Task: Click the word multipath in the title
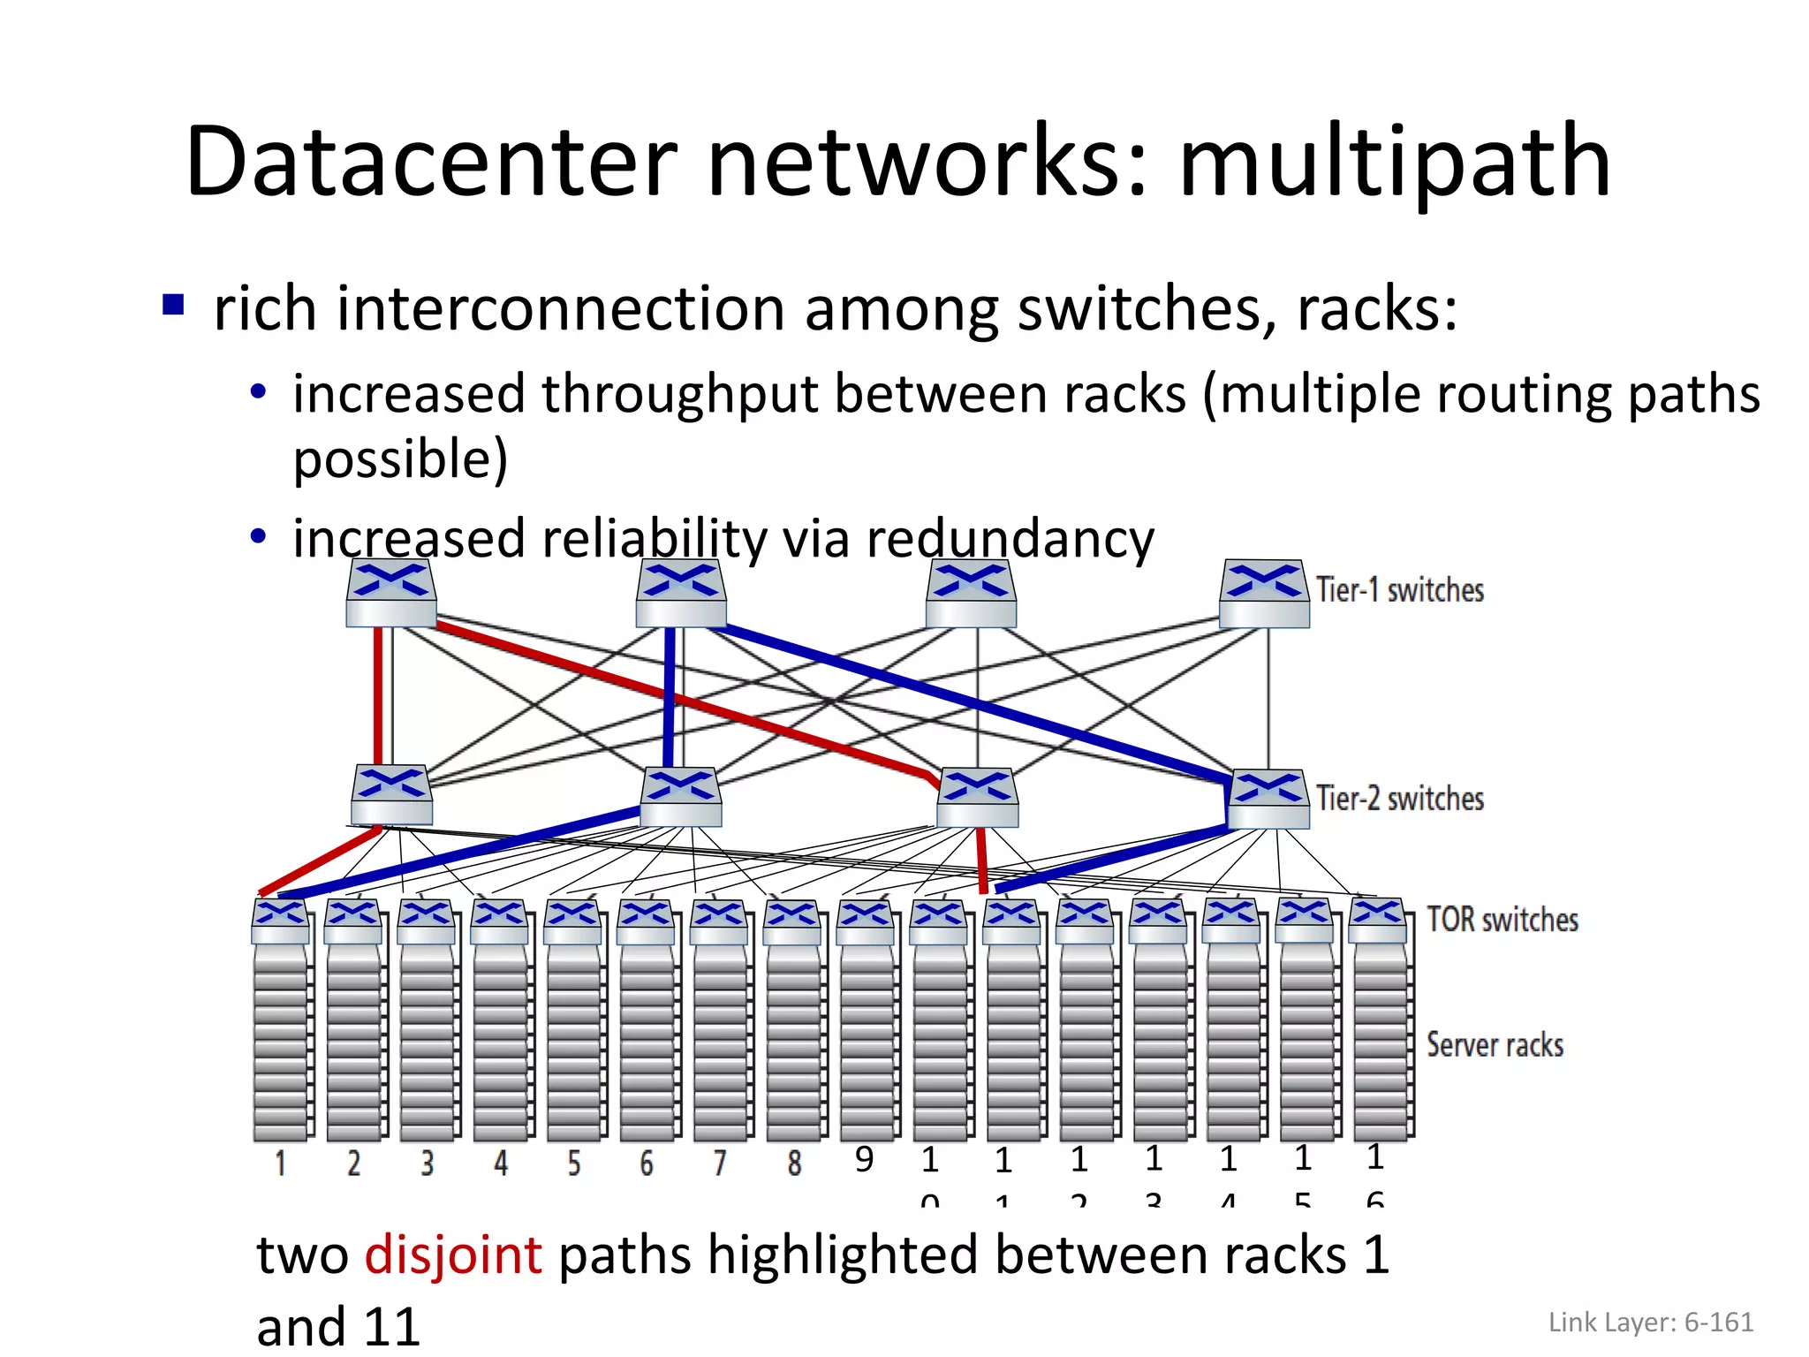(1395, 163)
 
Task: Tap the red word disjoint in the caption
(453, 1255)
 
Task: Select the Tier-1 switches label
(1399, 590)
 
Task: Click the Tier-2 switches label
(1399, 799)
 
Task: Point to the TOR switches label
(1502, 920)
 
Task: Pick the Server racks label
(1495, 1045)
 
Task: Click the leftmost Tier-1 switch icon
(390, 594)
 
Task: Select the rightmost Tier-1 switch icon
(1263, 594)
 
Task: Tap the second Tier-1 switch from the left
(681, 594)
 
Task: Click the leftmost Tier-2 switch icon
(391, 795)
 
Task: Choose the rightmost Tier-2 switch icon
(1268, 799)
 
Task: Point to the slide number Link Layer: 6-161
(1650, 1323)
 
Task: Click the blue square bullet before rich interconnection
(173, 305)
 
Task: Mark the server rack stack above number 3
(428, 1042)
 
